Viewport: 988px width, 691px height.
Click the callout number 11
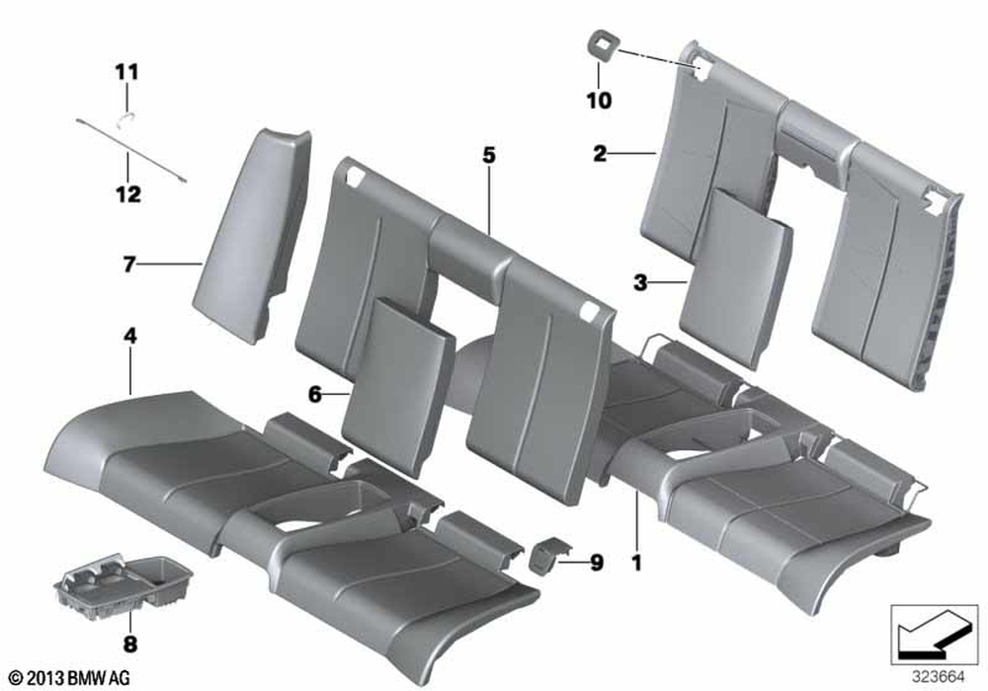point(126,72)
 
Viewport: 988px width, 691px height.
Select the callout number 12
point(127,193)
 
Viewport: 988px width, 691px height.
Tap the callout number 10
point(599,100)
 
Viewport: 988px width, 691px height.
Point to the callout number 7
point(128,265)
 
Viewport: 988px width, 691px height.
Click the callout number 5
point(490,155)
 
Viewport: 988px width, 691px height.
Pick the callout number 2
point(600,153)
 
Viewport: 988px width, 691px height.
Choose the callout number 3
point(640,283)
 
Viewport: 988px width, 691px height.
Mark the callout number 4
point(129,336)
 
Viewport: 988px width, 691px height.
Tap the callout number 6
point(315,395)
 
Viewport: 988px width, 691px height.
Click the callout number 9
point(596,563)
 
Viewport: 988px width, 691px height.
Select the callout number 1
point(637,563)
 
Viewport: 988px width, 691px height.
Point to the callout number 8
point(130,644)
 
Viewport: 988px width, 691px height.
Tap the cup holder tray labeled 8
point(123,583)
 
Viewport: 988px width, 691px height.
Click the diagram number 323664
point(939,677)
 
